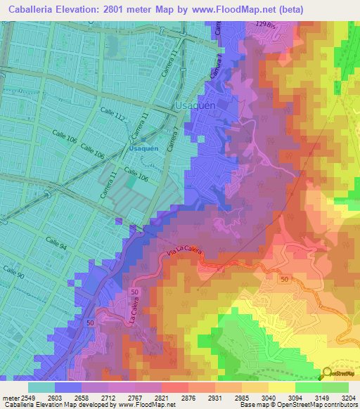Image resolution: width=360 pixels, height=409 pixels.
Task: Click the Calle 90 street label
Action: click(15, 271)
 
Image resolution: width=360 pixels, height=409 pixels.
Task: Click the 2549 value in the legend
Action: click(27, 398)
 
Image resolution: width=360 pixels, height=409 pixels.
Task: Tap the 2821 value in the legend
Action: click(160, 398)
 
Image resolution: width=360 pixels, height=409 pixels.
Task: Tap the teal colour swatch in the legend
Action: click(41, 387)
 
